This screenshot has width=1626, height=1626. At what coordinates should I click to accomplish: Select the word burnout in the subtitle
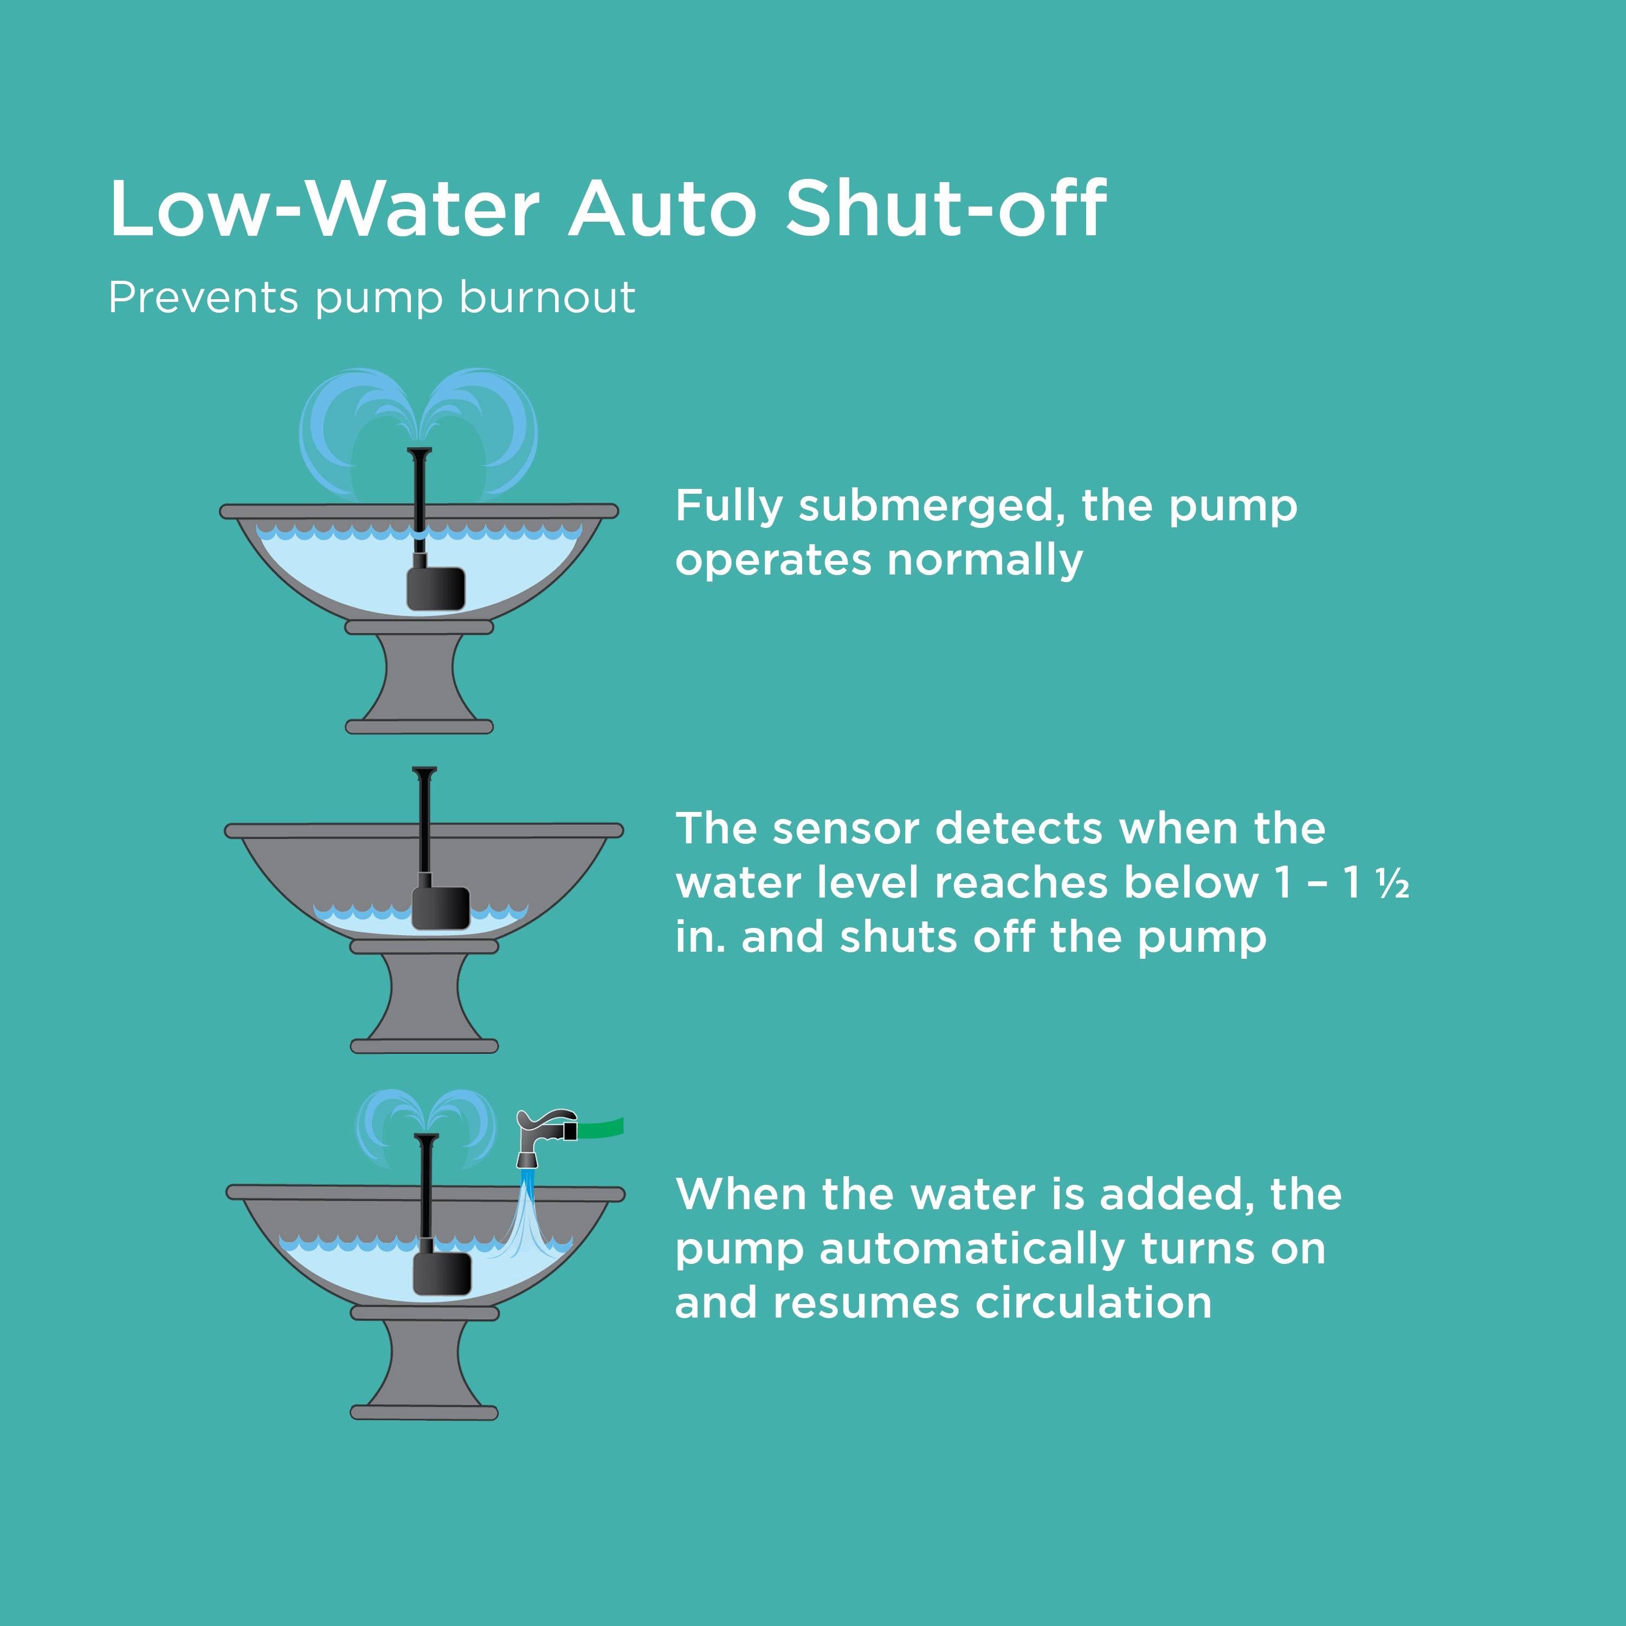(x=547, y=298)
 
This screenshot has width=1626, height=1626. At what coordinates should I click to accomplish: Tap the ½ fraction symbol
(x=1393, y=883)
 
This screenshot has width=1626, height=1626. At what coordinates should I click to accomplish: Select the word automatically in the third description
(x=971, y=1248)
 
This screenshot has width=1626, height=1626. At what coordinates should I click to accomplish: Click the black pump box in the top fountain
(x=436, y=588)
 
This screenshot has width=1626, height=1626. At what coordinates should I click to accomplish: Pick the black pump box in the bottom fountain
(x=442, y=1273)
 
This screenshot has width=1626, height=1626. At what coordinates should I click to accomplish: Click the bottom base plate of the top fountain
(x=419, y=726)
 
